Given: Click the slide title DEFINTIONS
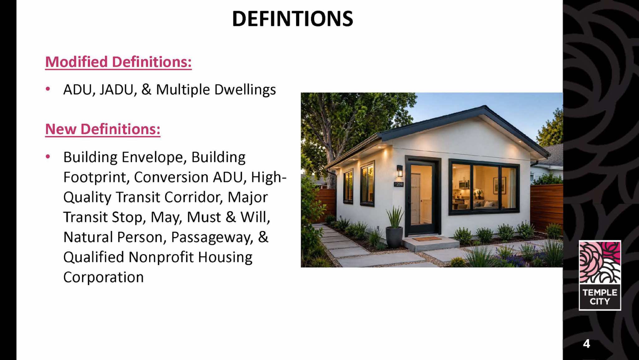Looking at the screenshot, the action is pyautogui.click(x=293, y=19).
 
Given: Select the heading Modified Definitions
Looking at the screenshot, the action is pyautogui.click(x=118, y=62).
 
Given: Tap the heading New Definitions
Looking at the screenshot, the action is pyautogui.click(x=103, y=129).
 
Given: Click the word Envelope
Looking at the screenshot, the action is pyautogui.click(x=154, y=157).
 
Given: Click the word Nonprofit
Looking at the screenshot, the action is pyautogui.click(x=161, y=258).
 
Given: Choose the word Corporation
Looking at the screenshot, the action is pyautogui.click(x=104, y=277).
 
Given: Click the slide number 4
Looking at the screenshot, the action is pyautogui.click(x=587, y=343).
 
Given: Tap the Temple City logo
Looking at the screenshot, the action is pyautogui.click(x=600, y=275).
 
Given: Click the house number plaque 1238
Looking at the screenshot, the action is pyautogui.click(x=399, y=184).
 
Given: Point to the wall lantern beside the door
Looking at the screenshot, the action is pyautogui.click(x=400, y=171).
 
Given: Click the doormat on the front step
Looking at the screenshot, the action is pyautogui.click(x=427, y=239).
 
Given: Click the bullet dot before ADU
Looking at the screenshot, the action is pyautogui.click(x=48, y=89).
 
